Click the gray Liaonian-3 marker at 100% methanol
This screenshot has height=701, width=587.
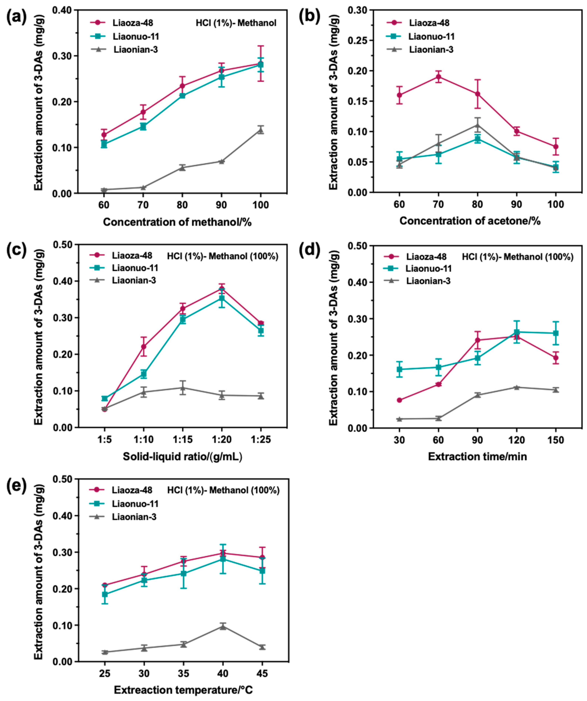click(x=261, y=130)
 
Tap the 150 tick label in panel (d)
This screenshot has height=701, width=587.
click(x=556, y=440)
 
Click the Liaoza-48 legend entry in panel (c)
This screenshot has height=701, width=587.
click(x=132, y=256)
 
